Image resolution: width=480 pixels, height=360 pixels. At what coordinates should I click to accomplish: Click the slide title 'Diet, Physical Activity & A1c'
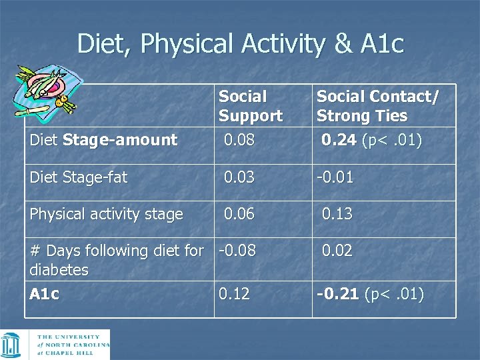[240, 44]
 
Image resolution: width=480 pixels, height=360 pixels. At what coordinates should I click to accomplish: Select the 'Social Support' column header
[251, 106]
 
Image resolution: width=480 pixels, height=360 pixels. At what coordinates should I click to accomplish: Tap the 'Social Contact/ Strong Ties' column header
[377, 106]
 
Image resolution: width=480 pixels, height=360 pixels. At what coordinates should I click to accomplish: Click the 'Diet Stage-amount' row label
[103, 140]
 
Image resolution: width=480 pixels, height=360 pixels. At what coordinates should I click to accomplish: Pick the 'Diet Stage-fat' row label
[79, 177]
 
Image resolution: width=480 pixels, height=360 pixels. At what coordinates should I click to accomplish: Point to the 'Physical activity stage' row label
[106, 214]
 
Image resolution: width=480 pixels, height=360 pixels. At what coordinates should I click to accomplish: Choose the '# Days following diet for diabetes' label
[117, 260]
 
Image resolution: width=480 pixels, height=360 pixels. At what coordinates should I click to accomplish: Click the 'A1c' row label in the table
[45, 294]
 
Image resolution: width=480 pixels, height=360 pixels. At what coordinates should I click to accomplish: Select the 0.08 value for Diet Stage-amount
[238, 140]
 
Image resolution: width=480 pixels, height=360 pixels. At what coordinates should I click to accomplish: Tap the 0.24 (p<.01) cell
[371, 140]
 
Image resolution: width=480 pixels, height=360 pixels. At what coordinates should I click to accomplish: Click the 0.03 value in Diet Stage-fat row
[238, 177]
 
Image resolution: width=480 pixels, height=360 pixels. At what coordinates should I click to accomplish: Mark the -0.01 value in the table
[335, 177]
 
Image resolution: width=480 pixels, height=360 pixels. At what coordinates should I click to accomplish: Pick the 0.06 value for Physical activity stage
[238, 214]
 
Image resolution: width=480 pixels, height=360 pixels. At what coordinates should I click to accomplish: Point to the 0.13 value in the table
[337, 214]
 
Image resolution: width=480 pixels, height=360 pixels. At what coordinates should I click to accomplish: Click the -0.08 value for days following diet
[237, 251]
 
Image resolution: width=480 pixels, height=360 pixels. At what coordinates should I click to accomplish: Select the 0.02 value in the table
[337, 251]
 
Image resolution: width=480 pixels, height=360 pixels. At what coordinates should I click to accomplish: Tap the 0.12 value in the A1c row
[234, 294]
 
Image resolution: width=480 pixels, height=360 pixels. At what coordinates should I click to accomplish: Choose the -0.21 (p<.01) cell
[369, 294]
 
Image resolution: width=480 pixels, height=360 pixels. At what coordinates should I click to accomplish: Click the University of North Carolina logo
[56, 345]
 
